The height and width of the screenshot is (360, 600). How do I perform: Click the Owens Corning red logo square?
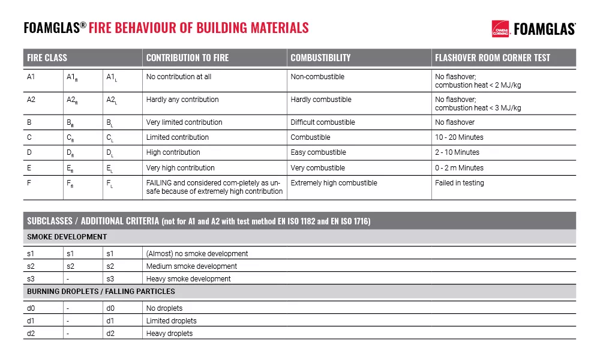point(500,28)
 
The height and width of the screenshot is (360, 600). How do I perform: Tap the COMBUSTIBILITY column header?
point(320,58)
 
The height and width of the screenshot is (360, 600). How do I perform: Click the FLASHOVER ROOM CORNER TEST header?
point(492,58)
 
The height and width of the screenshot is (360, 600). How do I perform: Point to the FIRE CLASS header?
point(47,58)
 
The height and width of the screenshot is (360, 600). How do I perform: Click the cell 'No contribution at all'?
point(179,77)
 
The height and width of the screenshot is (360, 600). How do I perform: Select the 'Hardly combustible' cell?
point(321,100)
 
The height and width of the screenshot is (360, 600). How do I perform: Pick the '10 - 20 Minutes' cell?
point(459,137)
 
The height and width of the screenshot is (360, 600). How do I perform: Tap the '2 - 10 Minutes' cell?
point(457,152)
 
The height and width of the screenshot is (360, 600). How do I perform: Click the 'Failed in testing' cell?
point(459,183)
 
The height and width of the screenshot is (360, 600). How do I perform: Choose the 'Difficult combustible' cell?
point(323,122)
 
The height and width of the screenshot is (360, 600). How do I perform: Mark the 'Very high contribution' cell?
point(180,168)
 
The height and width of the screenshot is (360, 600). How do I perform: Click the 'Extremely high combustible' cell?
point(334,183)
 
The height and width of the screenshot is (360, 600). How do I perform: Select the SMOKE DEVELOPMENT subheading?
point(67,237)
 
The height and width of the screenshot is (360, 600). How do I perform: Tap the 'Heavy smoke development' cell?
point(188,279)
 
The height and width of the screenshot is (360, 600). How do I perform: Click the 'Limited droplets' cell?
point(171,321)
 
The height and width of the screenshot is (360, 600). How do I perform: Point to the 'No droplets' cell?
point(164,308)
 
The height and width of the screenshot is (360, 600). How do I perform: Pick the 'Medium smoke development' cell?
point(191,266)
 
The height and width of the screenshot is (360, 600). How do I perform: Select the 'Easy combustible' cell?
point(318,152)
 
